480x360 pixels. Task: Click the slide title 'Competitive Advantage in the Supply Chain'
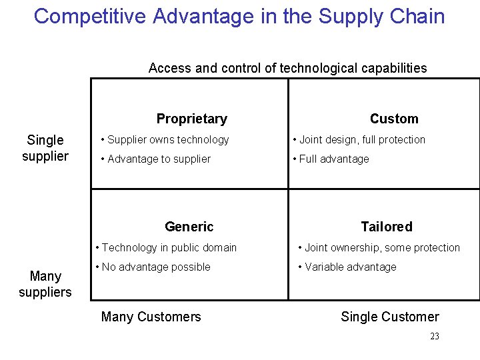coord(239,16)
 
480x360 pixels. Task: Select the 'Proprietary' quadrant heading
coord(191,119)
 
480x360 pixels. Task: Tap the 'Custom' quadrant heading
coord(394,119)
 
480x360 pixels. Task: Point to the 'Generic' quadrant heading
coord(189,227)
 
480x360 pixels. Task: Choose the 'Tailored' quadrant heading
coord(387,227)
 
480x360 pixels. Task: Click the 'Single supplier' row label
coord(45,148)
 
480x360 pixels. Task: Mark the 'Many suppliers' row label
coord(45,284)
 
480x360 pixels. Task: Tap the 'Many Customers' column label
coord(151,317)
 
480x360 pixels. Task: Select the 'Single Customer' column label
coord(390,317)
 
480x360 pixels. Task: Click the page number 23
coord(435,337)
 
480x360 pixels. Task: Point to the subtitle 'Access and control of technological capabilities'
coord(287,68)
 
